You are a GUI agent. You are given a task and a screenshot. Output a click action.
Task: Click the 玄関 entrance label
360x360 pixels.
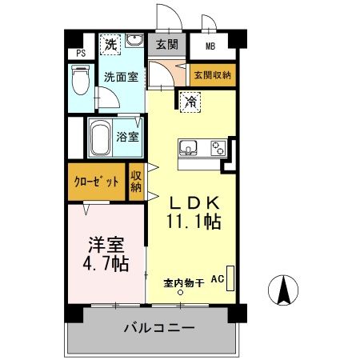[166, 45]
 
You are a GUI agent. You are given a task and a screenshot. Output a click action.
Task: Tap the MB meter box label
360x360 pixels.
[210, 46]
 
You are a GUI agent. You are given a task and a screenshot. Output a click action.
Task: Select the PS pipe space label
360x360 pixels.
[80, 54]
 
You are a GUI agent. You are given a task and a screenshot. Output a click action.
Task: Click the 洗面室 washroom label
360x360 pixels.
[120, 78]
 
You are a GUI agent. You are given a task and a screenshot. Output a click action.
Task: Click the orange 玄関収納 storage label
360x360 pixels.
[212, 75]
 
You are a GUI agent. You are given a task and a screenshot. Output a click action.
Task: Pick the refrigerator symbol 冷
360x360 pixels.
[191, 102]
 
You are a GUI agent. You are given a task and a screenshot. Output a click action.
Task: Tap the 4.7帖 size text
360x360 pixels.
[105, 262]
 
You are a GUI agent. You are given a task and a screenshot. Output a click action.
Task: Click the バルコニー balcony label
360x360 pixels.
[158, 328]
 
